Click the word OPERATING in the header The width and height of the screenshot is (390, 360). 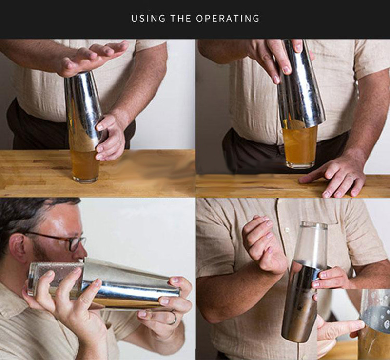coord(228,19)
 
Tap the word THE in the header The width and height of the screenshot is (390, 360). coord(180,19)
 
